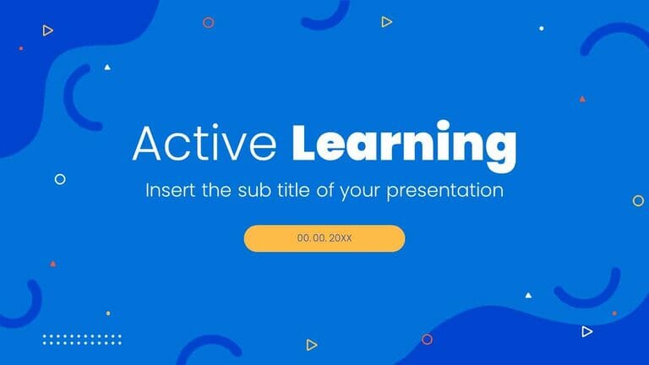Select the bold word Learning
pyautogui.click(x=403, y=144)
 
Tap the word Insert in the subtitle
pyautogui.click(x=171, y=190)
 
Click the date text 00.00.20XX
pyautogui.click(x=324, y=238)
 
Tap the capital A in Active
pyautogui.click(x=147, y=144)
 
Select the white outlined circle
pyautogui.click(x=60, y=179)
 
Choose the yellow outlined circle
pyautogui.click(x=638, y=200)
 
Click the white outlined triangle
pyautogui.click(x=587, y=332)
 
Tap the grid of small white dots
pyautogui.click(x=82, y=339)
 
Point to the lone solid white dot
pyautogui.click(x=542, y=28)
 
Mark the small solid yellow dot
pyautogui.click(x=108, y=313)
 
